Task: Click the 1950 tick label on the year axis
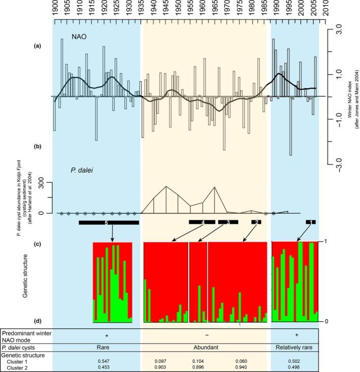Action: (178, 9)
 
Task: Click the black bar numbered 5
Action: (109, 222)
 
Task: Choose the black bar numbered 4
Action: (202, 222)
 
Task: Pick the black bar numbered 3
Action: (228, 222)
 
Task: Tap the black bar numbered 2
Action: (257, 222)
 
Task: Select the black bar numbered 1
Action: (310, 222)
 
